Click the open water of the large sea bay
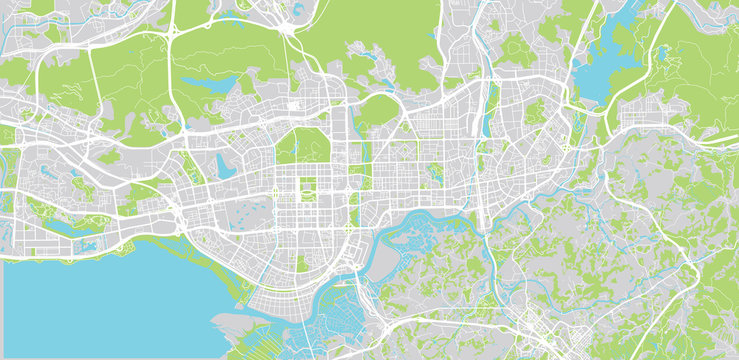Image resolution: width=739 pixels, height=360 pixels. click(x=100, y=300)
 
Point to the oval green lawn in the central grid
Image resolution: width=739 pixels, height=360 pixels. click(x=307, y=186)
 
